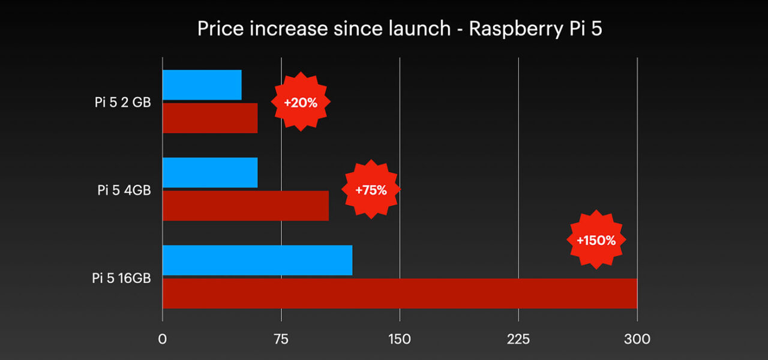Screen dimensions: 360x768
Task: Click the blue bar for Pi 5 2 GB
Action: tap(202, 85)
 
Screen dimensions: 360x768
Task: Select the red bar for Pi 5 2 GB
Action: tap(210, 118)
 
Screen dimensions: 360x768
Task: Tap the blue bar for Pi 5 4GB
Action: tap(210, 173)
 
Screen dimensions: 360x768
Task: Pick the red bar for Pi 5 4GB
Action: tap(245, 206)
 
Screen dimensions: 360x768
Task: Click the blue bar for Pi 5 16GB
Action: tap(257, 260)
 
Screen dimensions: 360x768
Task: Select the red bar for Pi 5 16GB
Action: tap(400, 293)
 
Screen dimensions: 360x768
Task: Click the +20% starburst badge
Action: tap(301, 103)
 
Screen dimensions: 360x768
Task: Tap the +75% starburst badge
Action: tap(371, 190)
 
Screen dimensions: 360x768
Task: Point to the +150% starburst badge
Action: tap(596, 240)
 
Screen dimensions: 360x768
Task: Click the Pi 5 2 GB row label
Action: tap(122, 103)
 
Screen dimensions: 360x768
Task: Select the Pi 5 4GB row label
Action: tap(124, 190)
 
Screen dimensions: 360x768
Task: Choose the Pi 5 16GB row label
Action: tap(121, 278)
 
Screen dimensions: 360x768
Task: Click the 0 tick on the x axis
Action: tap(162, 339)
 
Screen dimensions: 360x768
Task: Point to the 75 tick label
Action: tap(281, 339)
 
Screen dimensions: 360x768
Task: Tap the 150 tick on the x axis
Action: tap(400, 339)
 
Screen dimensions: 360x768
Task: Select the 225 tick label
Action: tap(518, 339)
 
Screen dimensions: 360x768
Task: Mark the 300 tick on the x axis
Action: tap(637, 339)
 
